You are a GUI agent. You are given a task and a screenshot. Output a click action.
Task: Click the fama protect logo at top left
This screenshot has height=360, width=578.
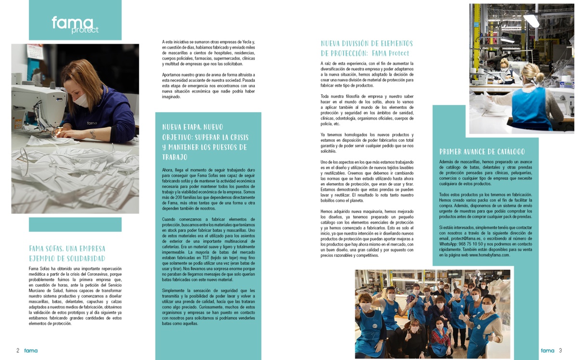(75, 24)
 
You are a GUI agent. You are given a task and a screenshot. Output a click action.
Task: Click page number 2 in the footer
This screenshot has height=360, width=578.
(18, 350)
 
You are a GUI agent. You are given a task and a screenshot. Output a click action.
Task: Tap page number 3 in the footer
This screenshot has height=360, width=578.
(560, 350)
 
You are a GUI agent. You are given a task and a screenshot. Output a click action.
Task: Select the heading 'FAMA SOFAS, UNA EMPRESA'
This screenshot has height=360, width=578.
(66, 249)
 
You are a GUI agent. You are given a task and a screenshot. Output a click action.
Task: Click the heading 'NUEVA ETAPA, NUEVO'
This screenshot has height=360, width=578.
(193, 127)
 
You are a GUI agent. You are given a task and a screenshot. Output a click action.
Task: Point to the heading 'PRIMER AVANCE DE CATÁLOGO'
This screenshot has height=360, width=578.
(482, 152)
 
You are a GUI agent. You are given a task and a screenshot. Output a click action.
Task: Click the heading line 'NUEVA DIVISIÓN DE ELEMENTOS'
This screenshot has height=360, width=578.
(367, 43)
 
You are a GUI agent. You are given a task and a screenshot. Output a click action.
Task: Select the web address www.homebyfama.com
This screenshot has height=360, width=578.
(489, 255)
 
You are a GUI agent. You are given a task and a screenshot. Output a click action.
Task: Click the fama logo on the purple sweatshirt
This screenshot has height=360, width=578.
(92, 123)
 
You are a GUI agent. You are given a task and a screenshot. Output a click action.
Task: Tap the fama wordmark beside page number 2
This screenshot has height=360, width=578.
(31, 350)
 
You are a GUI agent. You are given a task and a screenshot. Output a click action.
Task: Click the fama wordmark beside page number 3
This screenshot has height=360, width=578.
(547, 350)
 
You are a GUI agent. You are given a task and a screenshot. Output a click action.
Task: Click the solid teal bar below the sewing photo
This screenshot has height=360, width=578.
(75, 224)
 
